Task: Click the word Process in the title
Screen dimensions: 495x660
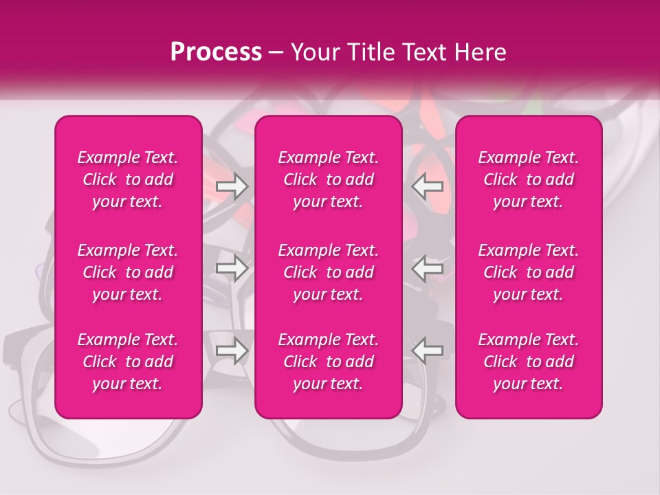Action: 216,52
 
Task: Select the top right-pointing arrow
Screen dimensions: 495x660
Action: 232,186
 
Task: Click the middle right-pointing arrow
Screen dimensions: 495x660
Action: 232,268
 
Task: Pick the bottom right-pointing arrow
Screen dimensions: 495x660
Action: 232,350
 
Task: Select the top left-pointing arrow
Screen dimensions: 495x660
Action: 428,186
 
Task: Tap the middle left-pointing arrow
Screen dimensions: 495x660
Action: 428,268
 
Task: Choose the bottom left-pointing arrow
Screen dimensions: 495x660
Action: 428,350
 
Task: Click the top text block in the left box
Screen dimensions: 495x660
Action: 128,179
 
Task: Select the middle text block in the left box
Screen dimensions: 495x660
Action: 128,272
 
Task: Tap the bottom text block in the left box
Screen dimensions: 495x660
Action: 128,362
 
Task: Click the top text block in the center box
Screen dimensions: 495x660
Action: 329,179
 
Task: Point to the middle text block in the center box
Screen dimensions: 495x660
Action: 329,272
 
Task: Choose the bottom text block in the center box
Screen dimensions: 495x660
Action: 329,362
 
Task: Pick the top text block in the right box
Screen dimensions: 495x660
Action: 529,179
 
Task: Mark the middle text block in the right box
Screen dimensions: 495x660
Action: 529,272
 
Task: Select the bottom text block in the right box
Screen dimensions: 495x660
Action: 529,362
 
